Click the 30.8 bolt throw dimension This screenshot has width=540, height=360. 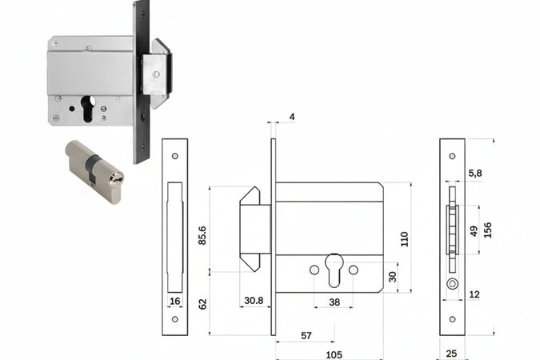coord(254,301)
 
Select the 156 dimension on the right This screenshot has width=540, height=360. coord(487,230)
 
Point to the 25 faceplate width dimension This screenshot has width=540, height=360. coord(452,354)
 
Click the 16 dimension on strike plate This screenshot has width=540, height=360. coord(174,301)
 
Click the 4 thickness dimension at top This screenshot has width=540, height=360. coord(291,117)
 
